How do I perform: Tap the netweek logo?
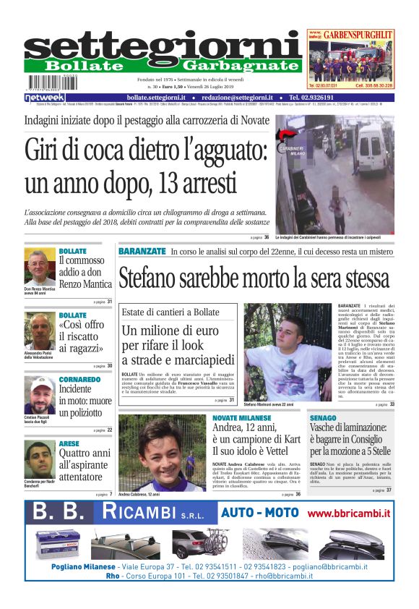(44, 98)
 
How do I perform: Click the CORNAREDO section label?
(79, 379)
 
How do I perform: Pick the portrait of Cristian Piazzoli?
(40, 394)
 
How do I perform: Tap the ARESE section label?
(69, 443)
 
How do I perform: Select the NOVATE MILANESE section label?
(242, 418)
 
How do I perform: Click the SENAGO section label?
(323, 418)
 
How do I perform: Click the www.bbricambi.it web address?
(348, 514)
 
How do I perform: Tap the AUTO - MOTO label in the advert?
(259, 513)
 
